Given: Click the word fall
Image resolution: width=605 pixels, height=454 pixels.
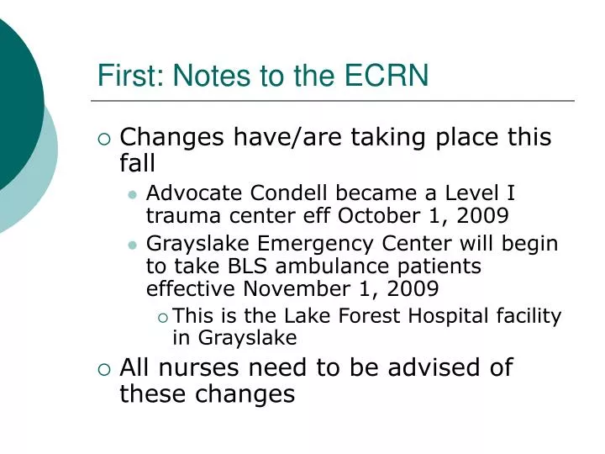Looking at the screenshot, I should click(138, 161).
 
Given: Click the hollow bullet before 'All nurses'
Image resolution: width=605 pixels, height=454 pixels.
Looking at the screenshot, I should click(104, 368).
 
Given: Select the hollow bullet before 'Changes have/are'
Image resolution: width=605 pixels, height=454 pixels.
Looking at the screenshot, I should click(104, 138).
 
